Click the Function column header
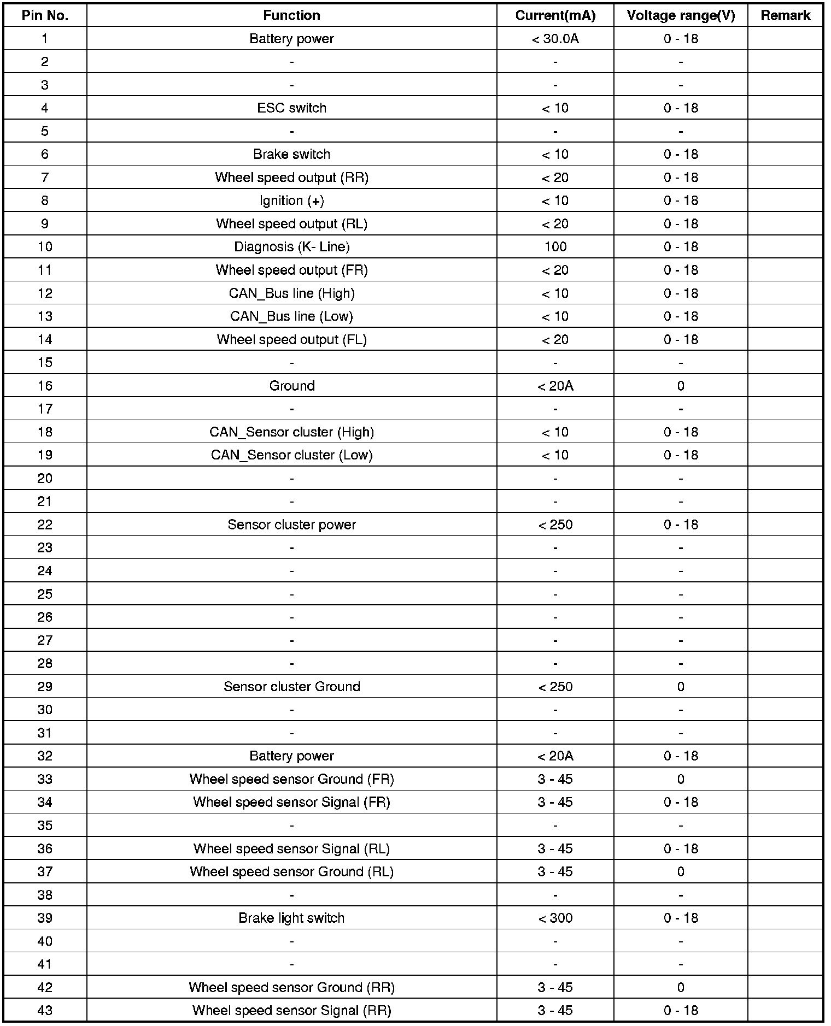coord(291,15)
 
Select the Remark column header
coord(785,15)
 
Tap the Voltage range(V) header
coord(681,15)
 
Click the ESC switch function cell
coord(291,108)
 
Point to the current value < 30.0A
coord(555,39)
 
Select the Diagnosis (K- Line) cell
coord(291,247)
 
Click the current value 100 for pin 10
coord(555,247)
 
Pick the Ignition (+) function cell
coord(291,201)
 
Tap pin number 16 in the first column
coord(45,386)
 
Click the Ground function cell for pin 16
coord(291,386)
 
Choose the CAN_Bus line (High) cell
coord(291,293)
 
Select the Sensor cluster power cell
coord(291,524)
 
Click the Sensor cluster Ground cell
coord(291,687)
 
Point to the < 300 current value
coord(555,918)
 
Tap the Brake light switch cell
coord(291,918)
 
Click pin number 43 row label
coord(45,1011)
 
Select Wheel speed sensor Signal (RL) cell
coord(291,848)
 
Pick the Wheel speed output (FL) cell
coord(291,340)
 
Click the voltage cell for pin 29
coord(681,687)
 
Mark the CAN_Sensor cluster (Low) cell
coord(291,455)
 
